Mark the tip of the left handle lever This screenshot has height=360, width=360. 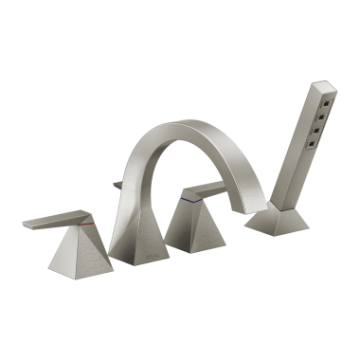click(27, 225)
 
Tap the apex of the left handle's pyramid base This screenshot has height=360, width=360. click(81, 231)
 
